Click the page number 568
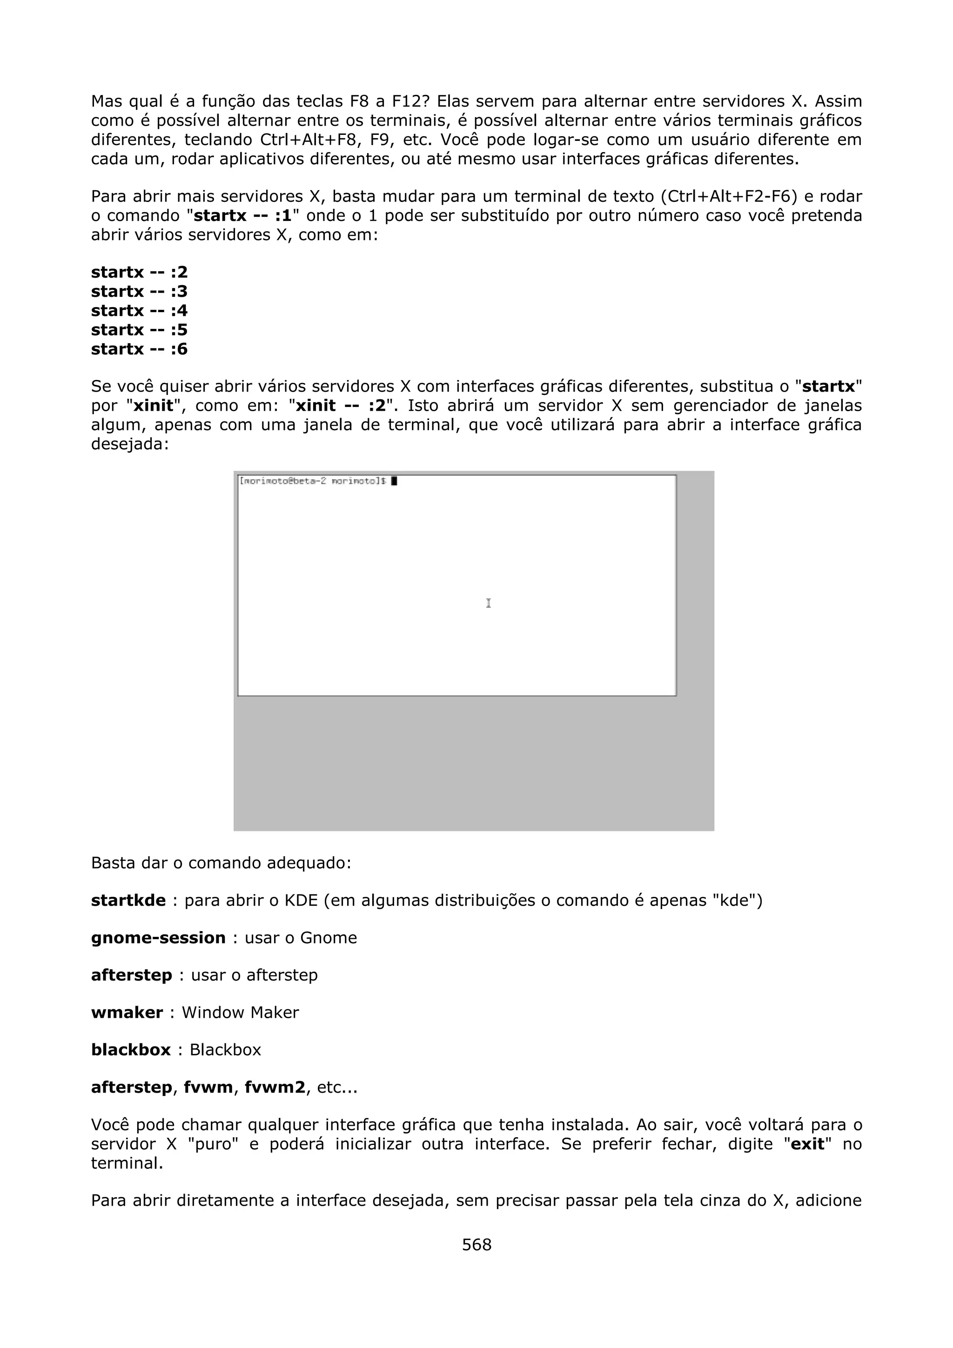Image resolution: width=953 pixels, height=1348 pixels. [476, 1244]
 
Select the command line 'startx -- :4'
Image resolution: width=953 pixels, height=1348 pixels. [139, 311]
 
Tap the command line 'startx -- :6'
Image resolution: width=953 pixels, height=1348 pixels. [139, 349]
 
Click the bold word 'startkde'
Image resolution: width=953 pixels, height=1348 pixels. [128, 900]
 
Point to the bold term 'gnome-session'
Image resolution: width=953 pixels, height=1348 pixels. [158, 938]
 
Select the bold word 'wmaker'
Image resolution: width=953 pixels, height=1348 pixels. [127, 1012]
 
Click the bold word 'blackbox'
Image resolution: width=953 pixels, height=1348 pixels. [130, 1050]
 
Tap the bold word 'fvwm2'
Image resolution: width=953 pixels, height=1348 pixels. [275, 1088]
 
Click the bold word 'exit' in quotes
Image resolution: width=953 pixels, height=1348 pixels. [808, 1144]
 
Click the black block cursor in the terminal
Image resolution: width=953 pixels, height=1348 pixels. [395, 481]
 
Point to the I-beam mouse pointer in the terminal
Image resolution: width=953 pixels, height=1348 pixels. [489, 603]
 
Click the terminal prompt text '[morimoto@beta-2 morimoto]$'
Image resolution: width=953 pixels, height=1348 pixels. [312, 481]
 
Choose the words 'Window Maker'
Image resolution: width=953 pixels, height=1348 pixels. [240, 1012]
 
